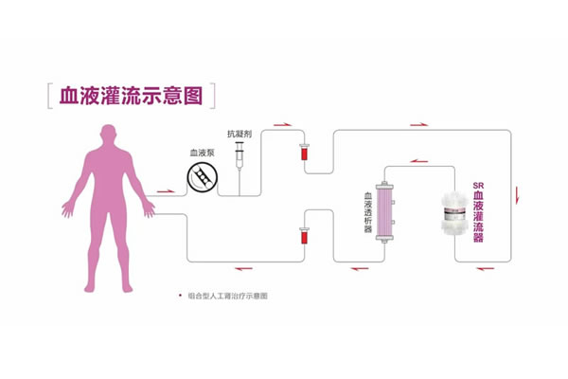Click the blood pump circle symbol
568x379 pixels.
(201, 176)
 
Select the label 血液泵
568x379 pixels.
(201, 152)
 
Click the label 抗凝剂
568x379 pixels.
(240, 135)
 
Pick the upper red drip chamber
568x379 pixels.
(304, 151)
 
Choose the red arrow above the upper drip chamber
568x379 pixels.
(281, 124)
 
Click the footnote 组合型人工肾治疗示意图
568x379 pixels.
(228, 297)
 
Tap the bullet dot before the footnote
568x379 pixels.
(179, 297)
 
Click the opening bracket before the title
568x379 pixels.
(49, 96)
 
